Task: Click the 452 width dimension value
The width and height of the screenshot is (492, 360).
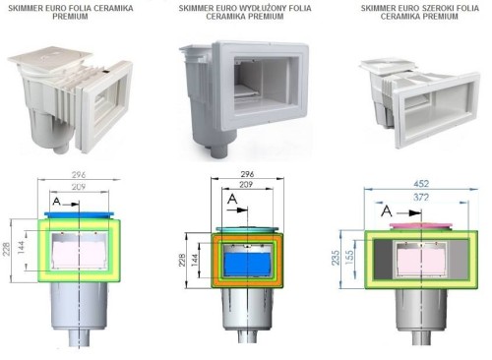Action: click(x=421, y=183)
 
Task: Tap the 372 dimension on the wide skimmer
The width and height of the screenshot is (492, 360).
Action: click(x=421, y=198)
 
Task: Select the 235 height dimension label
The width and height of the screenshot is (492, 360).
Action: click(x=336, y=258)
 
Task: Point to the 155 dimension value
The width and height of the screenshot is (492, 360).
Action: click(x=349, y=258)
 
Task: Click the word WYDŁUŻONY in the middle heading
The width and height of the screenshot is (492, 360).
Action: click(x=259, y=8)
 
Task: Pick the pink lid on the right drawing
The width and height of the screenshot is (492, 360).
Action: click(x=421, y=226)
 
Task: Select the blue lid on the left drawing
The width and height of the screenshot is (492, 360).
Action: click(x=80, y=214)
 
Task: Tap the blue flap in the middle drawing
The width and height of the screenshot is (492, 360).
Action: click(x=247, y=264)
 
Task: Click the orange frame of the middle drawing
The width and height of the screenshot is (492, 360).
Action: click(x=215, y=261)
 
